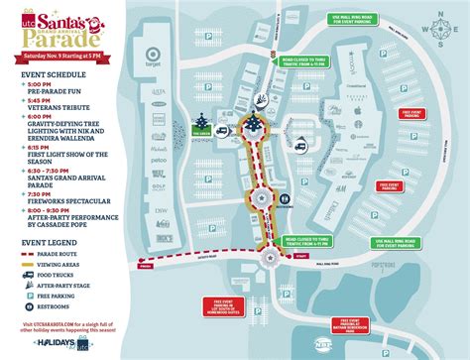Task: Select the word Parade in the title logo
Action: [x=73, y=41]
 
